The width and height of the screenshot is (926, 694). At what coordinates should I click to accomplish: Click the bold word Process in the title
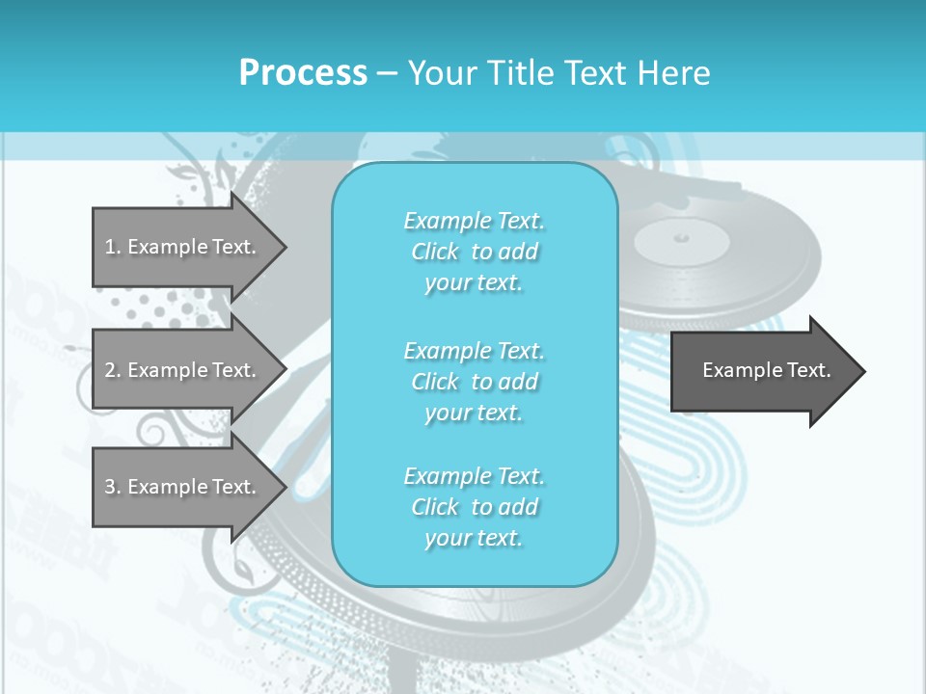(303, 73)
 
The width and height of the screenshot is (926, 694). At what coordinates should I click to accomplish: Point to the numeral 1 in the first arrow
(110, 247)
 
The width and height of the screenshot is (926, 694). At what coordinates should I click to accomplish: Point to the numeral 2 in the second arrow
(110, 370)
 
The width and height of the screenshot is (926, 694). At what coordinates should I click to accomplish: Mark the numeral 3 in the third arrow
(110, 487)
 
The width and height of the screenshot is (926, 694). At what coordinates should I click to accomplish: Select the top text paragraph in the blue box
(474, 252)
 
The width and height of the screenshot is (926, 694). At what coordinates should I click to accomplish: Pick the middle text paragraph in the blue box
(474, 382)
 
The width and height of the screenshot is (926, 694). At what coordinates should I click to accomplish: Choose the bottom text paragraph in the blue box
(474, 507)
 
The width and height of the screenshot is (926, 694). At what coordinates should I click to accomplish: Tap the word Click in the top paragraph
(435, 252)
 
